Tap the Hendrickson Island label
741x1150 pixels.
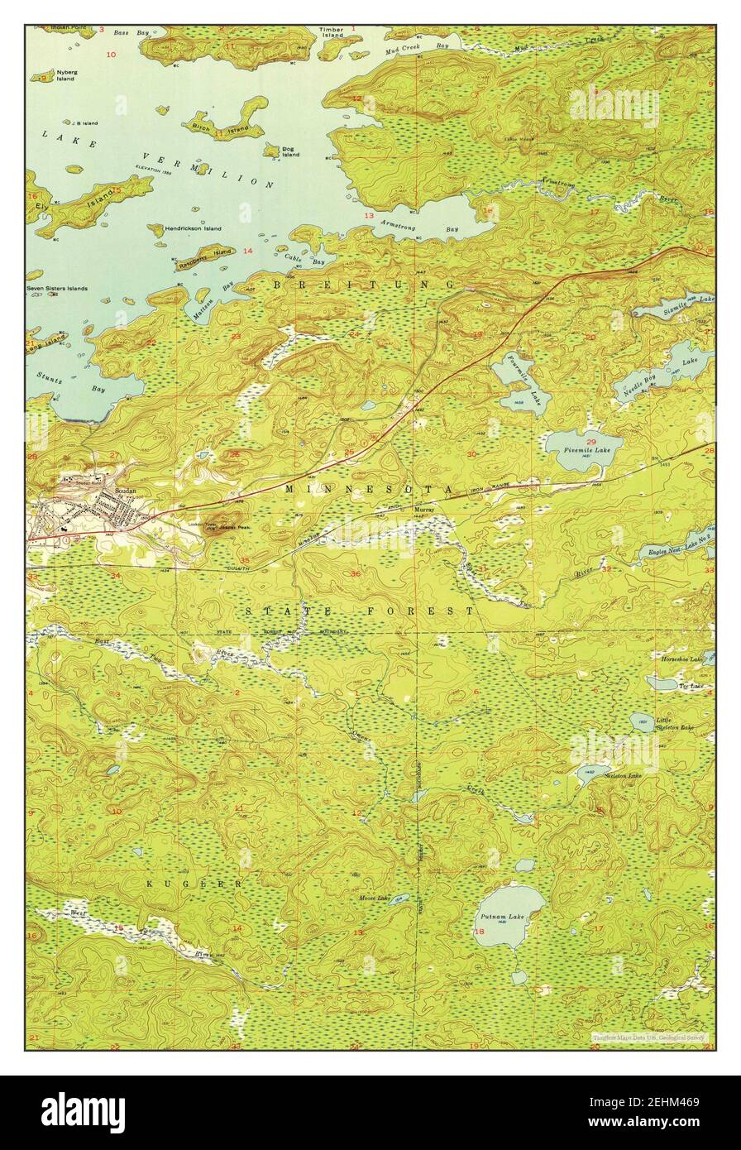192,228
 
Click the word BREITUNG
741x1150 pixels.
364,285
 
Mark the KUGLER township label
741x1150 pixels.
195,884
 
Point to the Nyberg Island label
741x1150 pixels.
65,75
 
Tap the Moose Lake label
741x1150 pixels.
374,897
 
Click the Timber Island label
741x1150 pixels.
331,33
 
